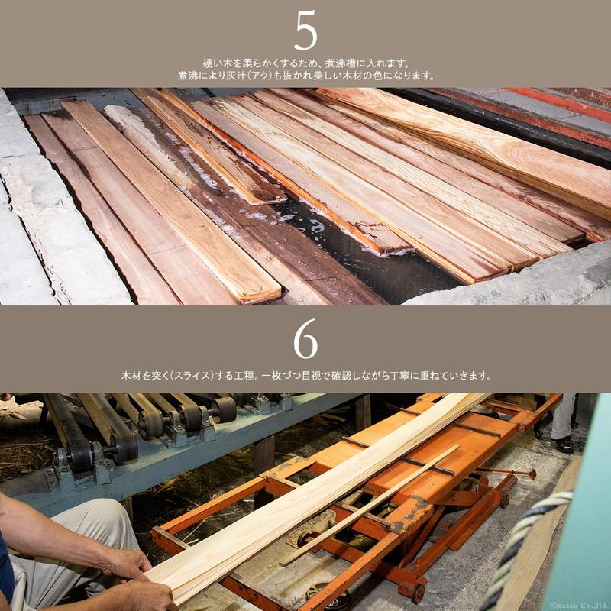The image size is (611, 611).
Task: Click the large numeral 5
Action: [x=306, y=31]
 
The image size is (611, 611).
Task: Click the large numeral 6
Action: [x=306, y=338]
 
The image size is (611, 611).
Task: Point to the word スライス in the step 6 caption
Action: [x=193, y=376]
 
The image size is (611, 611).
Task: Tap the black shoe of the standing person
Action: [x=564, y=445]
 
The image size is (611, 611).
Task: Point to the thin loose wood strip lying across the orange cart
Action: [x=370, y=505]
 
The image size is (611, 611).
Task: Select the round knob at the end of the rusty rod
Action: [x=531, y=474]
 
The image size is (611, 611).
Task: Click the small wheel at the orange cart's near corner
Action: [x=417, y=593]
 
